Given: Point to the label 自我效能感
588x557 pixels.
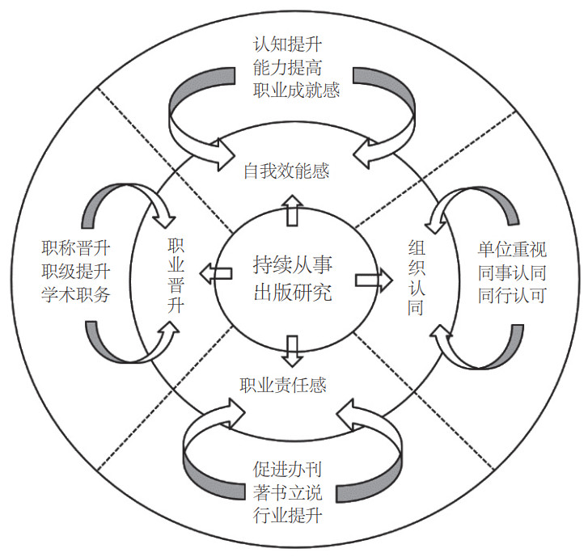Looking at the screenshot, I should (286, 171).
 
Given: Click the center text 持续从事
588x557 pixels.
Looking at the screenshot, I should (292, 264).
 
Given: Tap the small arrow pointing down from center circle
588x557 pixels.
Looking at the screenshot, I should (294, 346).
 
